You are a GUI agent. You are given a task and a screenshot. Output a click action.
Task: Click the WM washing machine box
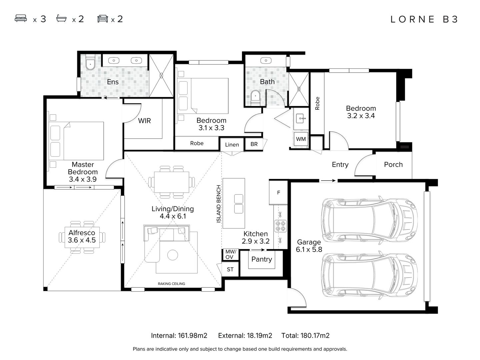click(x=301, y=139)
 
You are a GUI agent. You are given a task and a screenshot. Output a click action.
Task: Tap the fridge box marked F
click(x=278, y=193)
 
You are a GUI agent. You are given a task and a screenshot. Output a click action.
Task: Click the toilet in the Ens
click(x=90, y=63)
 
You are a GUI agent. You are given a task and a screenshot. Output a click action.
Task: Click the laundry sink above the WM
click(x=301, y=119)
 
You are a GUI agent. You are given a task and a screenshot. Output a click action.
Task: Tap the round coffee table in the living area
click(x=173, y=255)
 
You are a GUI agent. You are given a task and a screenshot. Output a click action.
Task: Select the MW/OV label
click(x=231, y=254)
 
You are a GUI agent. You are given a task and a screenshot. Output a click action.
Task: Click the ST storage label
click(x=230, y=270)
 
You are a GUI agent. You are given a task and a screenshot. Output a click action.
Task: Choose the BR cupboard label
click(x=254, y=144)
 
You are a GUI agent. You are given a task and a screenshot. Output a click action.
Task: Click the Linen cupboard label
click(x=232, y=145)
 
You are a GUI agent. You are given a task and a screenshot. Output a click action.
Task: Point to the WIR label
click(x=144, y=121)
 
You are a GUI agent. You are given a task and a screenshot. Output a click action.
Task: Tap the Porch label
click(x=393, y=164)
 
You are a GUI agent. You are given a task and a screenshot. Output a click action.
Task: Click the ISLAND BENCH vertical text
click(x=218, y=204)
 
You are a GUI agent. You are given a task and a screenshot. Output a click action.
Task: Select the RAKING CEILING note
click(x=171, y=284)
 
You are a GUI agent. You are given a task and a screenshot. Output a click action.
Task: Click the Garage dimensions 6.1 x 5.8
click(x=309, y=249)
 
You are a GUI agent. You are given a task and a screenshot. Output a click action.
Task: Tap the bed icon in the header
click(x=21, y=18)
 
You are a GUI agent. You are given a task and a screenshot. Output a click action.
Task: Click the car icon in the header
click(x=103, y=19)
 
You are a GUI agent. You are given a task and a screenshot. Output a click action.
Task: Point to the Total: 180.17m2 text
click(x=305, y=336)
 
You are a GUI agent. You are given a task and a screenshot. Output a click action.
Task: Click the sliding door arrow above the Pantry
click(x=258, y=250)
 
